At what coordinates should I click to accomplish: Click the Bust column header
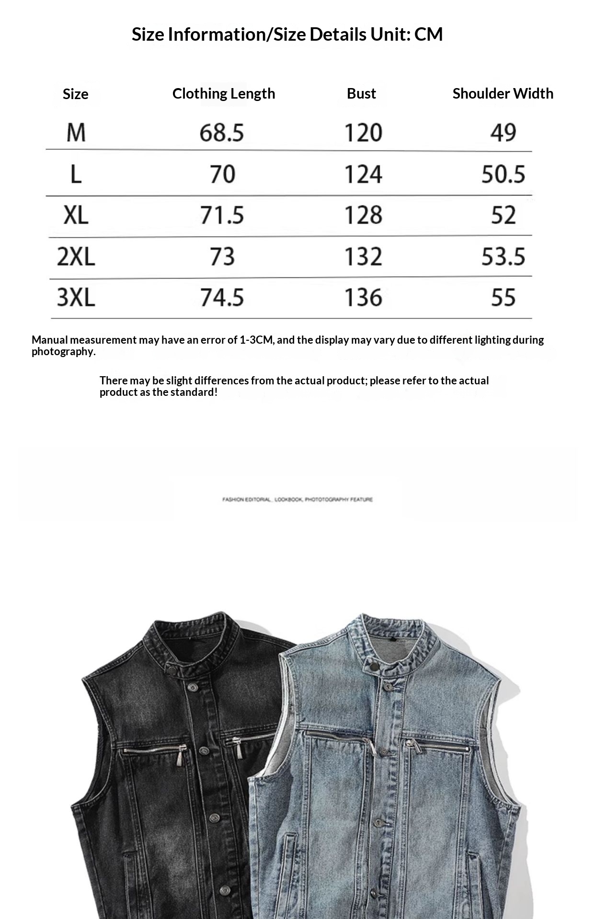[361, 93]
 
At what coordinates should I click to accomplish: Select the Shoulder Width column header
[503, 93]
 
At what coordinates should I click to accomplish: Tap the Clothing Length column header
[224, 93]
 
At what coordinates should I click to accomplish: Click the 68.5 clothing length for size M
[222, 133]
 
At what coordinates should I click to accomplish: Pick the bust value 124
[363, 174]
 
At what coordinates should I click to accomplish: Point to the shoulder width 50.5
[503, 174]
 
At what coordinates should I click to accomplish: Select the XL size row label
[76, 215]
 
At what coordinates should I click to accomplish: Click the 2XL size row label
[76, 257]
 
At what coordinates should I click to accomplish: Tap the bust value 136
[363, 298]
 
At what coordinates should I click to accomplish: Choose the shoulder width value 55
[503, 298]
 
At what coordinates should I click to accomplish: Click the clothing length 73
[222, 257]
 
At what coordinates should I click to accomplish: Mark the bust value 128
[363, 215]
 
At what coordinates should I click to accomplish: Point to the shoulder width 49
[503, 133]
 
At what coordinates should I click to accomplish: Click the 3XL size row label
[76, 298]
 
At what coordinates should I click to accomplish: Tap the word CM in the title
[428, 34]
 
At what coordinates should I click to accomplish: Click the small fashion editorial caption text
[297, 500]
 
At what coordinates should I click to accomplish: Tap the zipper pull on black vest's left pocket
[182, 755]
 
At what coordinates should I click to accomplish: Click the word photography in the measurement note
[63, 352]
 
